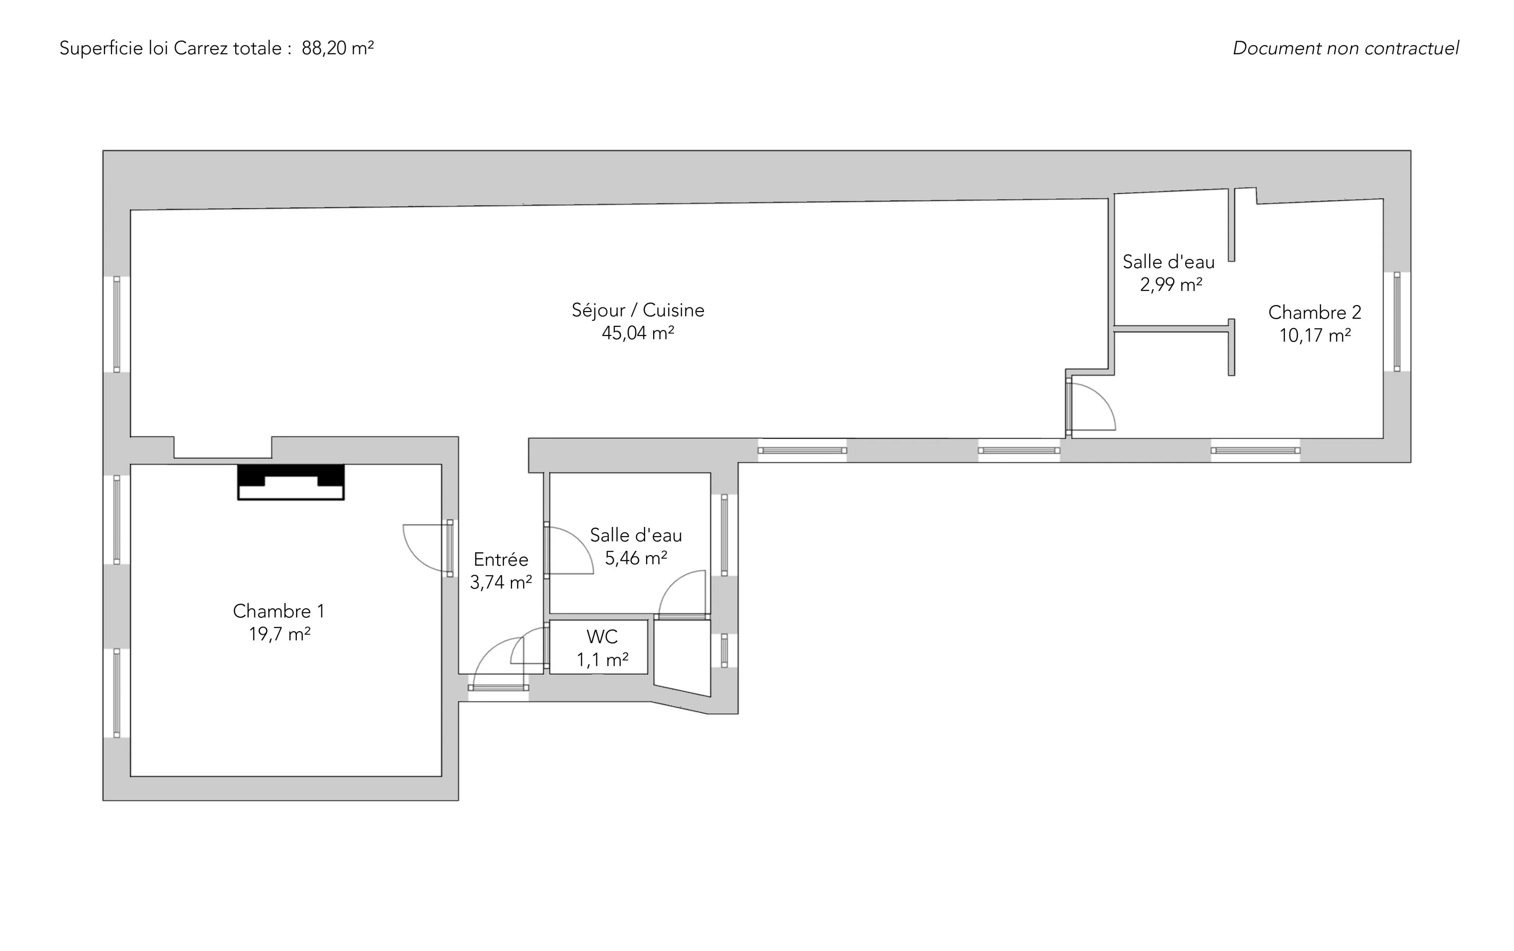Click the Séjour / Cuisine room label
click(638, 310)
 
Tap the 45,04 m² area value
click(638, 333)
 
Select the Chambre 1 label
click(279, 611)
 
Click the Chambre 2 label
click(1315, 312)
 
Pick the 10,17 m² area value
click(1315, 335)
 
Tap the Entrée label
click(501, 559)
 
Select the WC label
click(602, 636)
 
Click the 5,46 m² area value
click(636, 558)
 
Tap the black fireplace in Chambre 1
click(291, 482)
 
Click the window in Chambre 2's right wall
click(1397, 321)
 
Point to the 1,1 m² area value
click(602, 659)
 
